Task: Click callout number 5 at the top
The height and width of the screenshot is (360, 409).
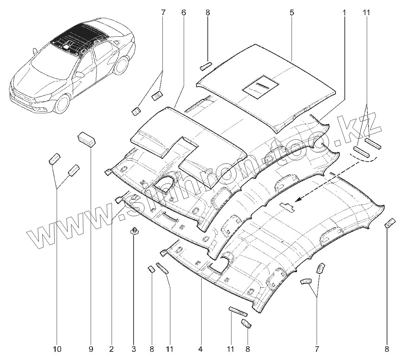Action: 292,13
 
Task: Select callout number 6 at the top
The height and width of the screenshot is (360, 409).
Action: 183,13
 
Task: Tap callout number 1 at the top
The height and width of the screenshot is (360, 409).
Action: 344,13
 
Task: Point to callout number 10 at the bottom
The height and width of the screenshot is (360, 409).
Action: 57,349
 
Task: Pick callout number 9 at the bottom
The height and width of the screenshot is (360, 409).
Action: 91,349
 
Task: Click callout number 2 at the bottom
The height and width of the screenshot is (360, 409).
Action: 111,349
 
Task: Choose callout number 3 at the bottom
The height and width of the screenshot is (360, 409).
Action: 134,349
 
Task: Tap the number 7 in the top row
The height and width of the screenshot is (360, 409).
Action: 163,13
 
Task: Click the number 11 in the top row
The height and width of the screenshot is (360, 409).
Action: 366,13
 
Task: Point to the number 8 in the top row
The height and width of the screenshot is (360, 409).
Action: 207,13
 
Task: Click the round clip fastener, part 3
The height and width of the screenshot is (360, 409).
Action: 134,231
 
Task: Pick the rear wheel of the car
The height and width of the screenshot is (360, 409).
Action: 121,66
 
